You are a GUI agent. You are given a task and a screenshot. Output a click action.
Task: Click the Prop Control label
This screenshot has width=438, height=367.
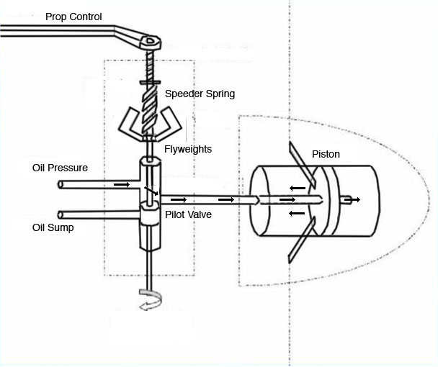click(x=73, y=17)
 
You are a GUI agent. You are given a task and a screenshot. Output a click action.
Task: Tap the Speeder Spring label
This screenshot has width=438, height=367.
click(x=200, y=94)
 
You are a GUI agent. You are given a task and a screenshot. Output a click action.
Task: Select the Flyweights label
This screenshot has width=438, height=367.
click(x=188, y=149)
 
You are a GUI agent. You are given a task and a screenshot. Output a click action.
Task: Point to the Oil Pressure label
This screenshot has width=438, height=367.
click(x=60, y=168)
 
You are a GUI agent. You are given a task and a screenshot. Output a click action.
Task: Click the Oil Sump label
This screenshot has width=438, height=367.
click(x=53, y=227)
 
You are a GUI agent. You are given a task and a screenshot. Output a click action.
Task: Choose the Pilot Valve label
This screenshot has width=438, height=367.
click(x=188, y=214)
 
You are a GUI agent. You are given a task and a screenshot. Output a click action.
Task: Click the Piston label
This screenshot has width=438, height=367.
click(x=326, y=154)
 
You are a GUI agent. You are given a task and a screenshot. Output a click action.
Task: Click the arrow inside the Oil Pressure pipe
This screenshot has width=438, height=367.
click(x=122, y=184)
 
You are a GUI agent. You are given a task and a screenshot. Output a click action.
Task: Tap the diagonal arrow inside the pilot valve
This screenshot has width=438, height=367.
click(x=151, y=191)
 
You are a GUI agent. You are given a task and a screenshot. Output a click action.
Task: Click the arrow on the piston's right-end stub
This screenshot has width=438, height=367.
click(x=352, y=199)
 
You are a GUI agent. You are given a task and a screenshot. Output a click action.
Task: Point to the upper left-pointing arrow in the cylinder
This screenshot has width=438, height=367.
click(x=298, y=188)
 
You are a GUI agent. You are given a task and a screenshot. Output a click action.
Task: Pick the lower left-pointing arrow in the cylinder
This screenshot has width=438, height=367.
click(x=297, y=214)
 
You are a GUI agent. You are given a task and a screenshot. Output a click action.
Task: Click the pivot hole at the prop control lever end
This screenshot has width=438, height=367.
click(x=151, y=40)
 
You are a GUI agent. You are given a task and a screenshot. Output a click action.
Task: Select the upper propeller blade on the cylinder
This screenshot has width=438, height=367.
click(x=302, y=164)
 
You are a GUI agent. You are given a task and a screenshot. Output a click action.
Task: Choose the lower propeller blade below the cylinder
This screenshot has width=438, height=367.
click(x=302, y=240)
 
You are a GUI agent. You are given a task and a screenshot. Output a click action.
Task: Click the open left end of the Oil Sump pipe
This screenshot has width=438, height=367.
click(x=60, y=215)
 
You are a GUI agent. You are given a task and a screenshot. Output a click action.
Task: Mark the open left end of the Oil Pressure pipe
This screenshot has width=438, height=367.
click(x=60, y=184)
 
